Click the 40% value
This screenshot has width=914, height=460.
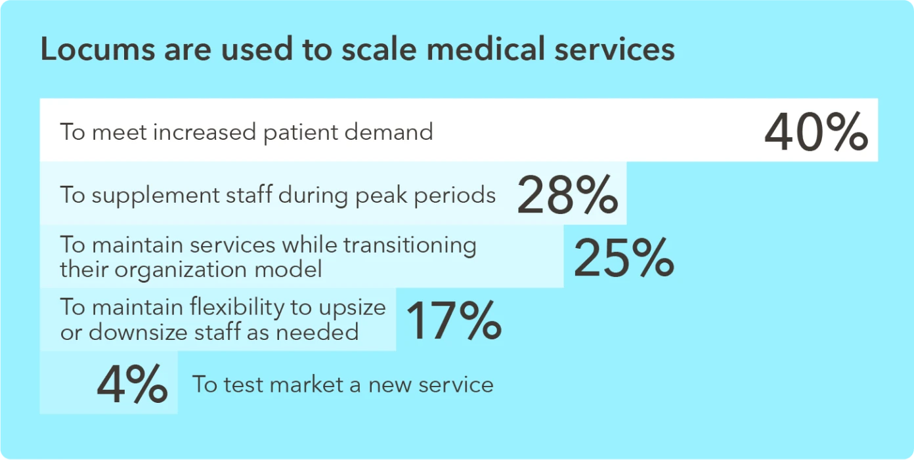pos(816,133)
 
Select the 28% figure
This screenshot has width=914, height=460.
pos(567,196)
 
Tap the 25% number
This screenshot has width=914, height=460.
pos(624,258)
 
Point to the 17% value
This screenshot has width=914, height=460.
pos(453,321)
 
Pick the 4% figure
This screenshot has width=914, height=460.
pos(132,385)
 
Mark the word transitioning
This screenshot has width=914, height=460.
pos(410,245)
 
